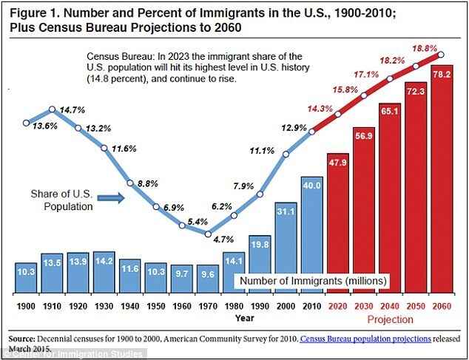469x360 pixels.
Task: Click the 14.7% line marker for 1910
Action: click(52, 109)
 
